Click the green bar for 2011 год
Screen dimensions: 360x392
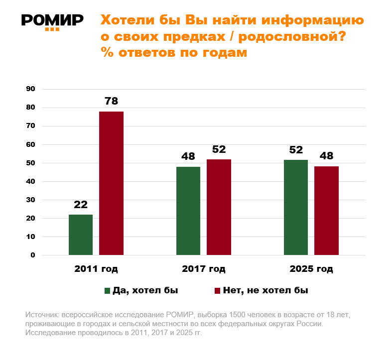click(81, 235)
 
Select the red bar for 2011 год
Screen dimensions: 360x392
click(111, 183)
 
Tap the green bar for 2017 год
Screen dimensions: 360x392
click(188, 211)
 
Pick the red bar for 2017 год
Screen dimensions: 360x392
click(219, 207)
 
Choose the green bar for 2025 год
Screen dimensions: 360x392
click(296, 207)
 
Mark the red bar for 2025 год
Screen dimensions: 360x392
click(326, 211)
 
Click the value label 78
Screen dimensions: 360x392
click(111, 101)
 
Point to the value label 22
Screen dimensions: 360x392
click(81, 204)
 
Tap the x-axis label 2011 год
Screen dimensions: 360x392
click(96, 269)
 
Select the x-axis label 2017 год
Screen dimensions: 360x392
click(204, 269)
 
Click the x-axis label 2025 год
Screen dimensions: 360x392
click(311, 269)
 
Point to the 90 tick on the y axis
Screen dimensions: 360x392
click(30, 89)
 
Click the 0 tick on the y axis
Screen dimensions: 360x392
click(33, 255)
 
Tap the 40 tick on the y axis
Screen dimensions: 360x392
click(30, 181)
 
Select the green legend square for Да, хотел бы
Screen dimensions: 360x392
click(107, 291)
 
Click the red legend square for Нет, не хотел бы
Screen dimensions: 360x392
click(217, 291)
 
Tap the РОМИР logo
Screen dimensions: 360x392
click(52, 21)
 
